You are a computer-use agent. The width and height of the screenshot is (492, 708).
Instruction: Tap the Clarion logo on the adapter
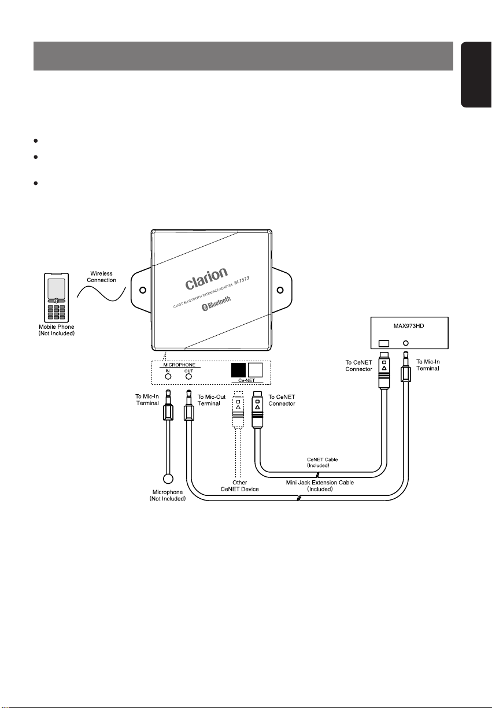206,278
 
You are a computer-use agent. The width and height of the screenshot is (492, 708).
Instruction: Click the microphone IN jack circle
168,376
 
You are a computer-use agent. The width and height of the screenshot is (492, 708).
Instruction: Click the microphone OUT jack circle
188,376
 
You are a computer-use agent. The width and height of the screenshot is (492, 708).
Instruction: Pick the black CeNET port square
238,370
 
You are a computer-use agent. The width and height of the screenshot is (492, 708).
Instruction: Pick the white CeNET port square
255,370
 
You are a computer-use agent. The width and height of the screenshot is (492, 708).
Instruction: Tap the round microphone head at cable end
168,479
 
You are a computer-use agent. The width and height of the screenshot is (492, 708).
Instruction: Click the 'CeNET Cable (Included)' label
322,462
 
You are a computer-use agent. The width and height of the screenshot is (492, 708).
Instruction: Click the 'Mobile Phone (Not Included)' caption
56,331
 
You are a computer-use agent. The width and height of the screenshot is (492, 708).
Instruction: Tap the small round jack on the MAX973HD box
406,343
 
